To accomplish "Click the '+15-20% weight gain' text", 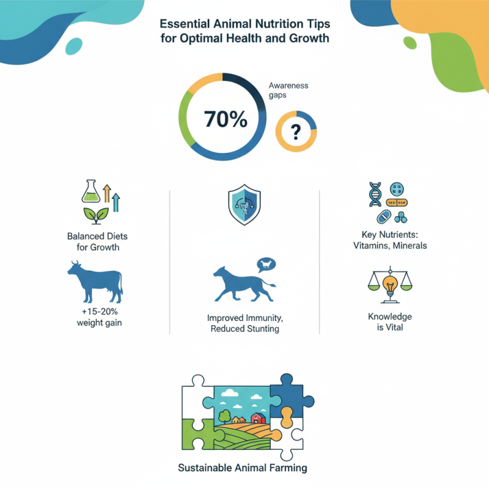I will point(95,317).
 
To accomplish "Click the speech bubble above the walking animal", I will point(267,265).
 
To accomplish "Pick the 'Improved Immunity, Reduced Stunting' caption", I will point(244,323).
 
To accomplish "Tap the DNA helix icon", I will point(374,194).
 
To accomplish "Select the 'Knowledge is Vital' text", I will point(390,323).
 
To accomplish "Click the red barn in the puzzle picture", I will point(257,419).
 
